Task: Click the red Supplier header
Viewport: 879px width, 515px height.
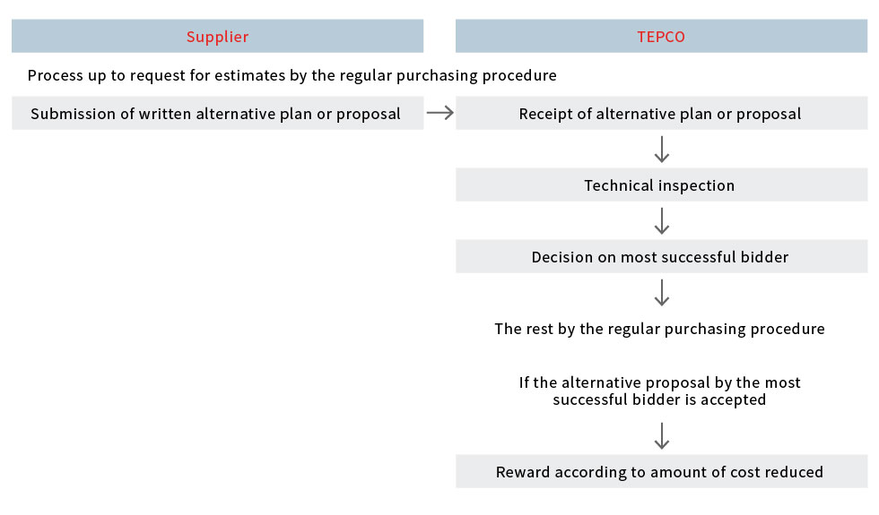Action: click(x=217, y=36)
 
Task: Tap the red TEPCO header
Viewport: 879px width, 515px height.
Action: click(x=662, y=36)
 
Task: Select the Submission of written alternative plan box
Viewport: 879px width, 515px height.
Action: click(x=217, y=113)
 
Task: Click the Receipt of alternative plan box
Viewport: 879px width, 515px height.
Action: click(x=662, y=113)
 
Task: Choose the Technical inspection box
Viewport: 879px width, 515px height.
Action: click(x=662, y=185)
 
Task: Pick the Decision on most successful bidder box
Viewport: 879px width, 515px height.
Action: click(x=662, y=256)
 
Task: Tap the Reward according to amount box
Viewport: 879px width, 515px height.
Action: click(x=662, y=471)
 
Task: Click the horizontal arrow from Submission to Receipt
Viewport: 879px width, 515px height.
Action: click(x=440, y=113)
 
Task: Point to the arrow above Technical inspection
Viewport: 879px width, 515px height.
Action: click(x=662, y=149)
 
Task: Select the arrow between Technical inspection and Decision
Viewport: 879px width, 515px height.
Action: click(x=662, y=220)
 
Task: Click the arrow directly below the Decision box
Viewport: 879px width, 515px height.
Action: click(x=662, y=292)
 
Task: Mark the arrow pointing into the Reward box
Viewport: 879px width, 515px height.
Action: click(x=662, y=435)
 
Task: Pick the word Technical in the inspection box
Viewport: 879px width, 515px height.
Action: click(x=619, y=185)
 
